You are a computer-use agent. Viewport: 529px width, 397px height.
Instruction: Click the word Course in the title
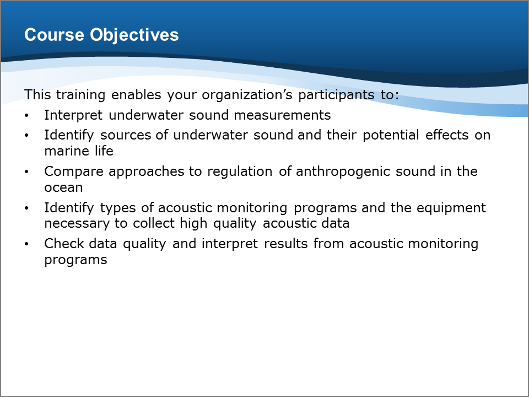click(54, 35)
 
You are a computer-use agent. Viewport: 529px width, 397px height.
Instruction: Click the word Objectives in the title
click(134, 35)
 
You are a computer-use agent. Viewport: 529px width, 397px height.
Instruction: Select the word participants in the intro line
click(336, 95)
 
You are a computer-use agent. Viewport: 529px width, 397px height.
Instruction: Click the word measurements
click(282, 115)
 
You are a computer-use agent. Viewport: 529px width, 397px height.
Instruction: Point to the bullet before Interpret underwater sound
click(26, 115)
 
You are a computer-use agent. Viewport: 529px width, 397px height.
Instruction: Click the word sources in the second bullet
click(126, 136)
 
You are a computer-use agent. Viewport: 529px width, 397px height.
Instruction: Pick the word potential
click(391, 135)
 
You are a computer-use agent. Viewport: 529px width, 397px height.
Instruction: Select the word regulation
click(240, 171)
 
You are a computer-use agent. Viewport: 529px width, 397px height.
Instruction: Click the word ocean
click(63, 187)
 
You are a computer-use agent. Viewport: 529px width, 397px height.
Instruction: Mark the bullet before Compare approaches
click(26, 172)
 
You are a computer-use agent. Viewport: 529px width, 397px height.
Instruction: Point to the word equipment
click(451, 208)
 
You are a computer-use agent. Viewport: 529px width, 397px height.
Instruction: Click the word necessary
click(77, 223)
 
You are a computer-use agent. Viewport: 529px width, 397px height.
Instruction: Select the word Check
click(63, 243)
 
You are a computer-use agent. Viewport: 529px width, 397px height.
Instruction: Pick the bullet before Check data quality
click(26, 244)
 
